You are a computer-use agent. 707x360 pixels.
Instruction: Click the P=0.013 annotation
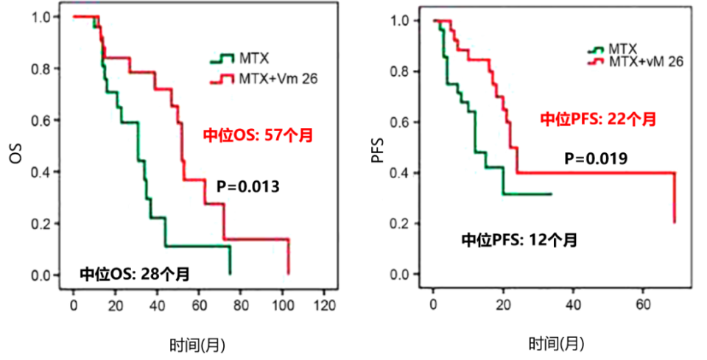pyautogui.click(x=248, y=188)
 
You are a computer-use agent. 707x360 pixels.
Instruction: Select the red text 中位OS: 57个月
pyautogui.click(x=256, y=135)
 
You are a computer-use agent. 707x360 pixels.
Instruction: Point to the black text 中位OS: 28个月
pyautogui.click(x=135, y=275)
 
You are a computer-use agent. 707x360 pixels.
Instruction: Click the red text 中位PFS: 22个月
pyautogui.click(x=598, y=119)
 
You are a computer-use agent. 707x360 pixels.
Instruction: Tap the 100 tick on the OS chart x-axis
pyautogui.click(x=282, y=305)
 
